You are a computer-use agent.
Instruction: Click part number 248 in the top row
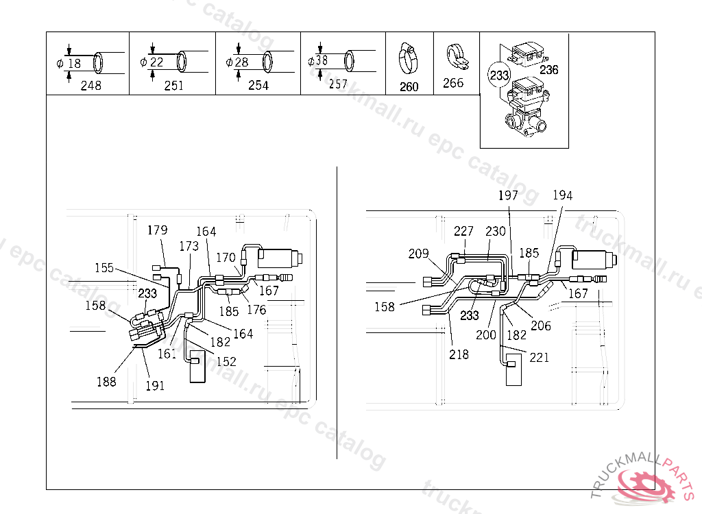90,86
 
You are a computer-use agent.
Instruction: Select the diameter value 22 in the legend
157,62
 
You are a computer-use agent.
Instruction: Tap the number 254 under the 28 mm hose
258,86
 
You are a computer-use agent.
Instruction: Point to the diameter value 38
322,60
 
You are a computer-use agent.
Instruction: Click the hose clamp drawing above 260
409,60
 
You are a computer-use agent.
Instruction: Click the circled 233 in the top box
499,74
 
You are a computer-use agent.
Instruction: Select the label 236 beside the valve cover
549,69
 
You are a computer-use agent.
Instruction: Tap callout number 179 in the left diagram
158,230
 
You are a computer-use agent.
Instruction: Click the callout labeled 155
104,268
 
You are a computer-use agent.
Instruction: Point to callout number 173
189,246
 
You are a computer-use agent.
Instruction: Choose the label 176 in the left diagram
256,310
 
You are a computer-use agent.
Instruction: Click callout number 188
106,382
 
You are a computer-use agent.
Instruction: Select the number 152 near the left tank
226,361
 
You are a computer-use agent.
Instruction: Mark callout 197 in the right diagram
508,196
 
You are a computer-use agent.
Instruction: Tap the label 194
562,196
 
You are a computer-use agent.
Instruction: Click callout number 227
463,231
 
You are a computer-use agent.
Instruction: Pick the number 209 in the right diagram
418,254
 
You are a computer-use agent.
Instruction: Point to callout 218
459,354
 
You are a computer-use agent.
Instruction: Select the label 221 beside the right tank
539,358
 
